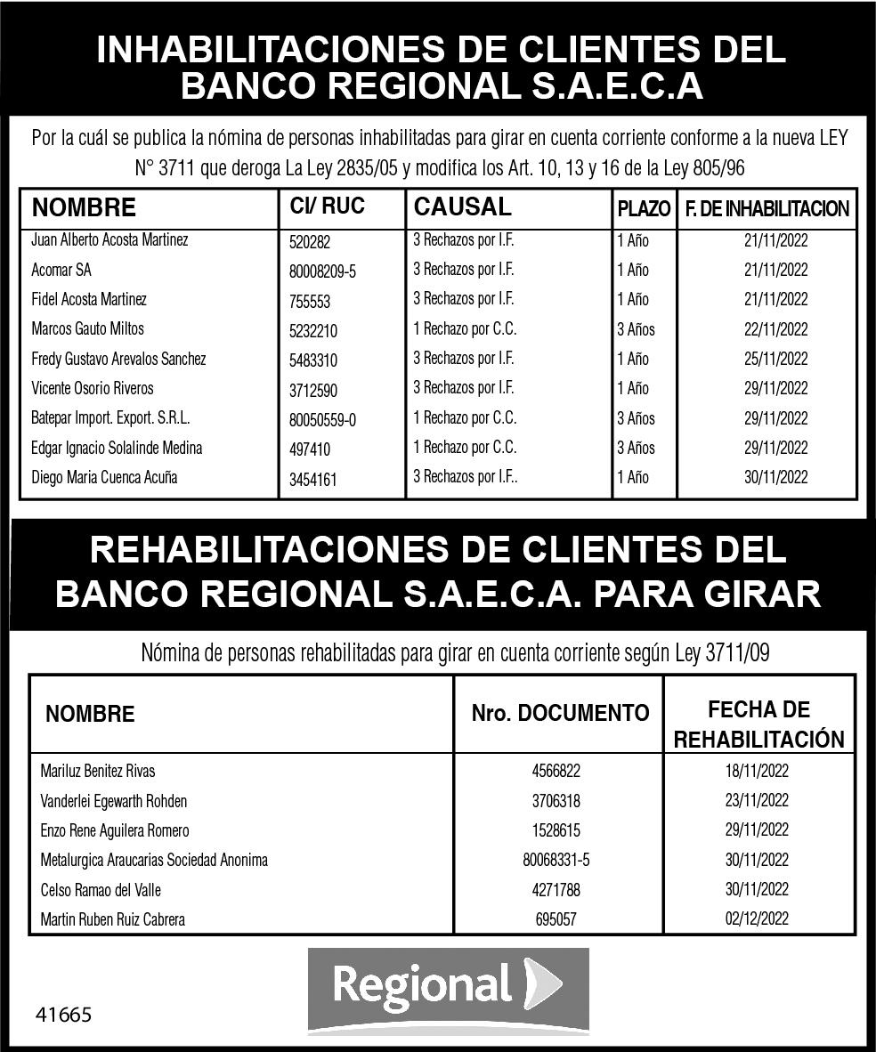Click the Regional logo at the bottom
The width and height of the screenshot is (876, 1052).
point(448,988)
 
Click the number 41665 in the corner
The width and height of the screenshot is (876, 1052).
point(63,1015)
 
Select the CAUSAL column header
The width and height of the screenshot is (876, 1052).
point(463,207)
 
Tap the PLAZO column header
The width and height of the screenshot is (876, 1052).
point(644,209)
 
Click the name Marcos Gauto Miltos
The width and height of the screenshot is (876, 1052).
point(87,329)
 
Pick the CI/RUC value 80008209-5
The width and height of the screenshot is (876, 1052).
point(322,271)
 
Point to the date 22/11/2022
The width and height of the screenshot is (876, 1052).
point(775,329)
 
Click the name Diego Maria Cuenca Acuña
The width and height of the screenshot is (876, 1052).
point(104,477)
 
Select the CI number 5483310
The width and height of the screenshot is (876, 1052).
point(313,360)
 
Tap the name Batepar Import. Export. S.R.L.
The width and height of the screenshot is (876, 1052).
point(110,418)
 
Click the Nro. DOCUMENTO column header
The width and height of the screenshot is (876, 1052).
point(560,713)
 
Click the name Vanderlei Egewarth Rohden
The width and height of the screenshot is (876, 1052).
point(114,801)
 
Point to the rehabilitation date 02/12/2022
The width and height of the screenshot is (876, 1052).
point(757,919)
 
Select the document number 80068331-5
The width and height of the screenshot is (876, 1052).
point(556,861)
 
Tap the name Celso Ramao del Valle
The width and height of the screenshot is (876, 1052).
point(101,890)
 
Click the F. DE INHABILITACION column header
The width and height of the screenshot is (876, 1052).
point(766,209)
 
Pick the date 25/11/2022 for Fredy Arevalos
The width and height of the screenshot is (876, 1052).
point(775,360)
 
